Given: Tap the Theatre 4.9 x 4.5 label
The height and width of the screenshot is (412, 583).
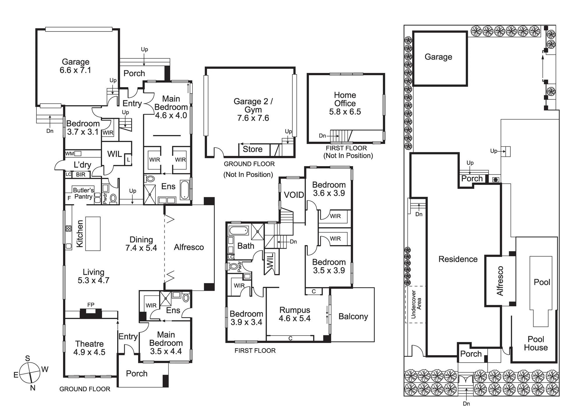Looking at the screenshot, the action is [x=89, y=348].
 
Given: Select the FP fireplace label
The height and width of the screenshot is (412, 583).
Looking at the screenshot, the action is [x=91, y=305].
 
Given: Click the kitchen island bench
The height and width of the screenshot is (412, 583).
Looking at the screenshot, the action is [x=93, y=234].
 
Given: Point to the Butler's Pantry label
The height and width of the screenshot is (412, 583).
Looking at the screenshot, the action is [x=83, y=193].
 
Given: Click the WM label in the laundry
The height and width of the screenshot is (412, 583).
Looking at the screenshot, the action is [x=69, y=153].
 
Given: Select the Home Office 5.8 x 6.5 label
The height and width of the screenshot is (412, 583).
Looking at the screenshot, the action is [x=345, y=103].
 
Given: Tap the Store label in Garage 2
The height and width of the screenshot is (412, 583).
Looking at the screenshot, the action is [x=252, y=149].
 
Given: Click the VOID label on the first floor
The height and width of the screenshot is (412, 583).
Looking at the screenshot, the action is [x=294, y=195].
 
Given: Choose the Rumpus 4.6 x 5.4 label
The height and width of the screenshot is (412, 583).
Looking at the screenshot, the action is [x=294, y=314].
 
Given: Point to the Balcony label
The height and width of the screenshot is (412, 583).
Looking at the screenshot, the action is [x=353, y=316].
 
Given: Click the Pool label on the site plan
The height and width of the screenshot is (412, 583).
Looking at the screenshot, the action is [x=542, y=282].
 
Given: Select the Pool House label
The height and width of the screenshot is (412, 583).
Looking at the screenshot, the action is [x=536, y=343].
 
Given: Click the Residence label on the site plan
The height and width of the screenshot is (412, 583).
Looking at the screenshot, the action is [x=458, y=259].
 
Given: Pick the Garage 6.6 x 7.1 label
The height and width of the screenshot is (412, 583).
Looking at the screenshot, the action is [x=75, y=66].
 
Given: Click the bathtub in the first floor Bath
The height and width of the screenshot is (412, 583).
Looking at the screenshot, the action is [x=239, y=231].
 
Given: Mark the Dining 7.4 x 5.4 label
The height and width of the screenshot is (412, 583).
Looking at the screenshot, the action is [x=141, y=244].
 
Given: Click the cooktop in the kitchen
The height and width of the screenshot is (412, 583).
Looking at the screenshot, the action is [x=69, y=228].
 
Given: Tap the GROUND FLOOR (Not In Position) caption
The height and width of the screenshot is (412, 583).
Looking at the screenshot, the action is [x=249, y=169].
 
